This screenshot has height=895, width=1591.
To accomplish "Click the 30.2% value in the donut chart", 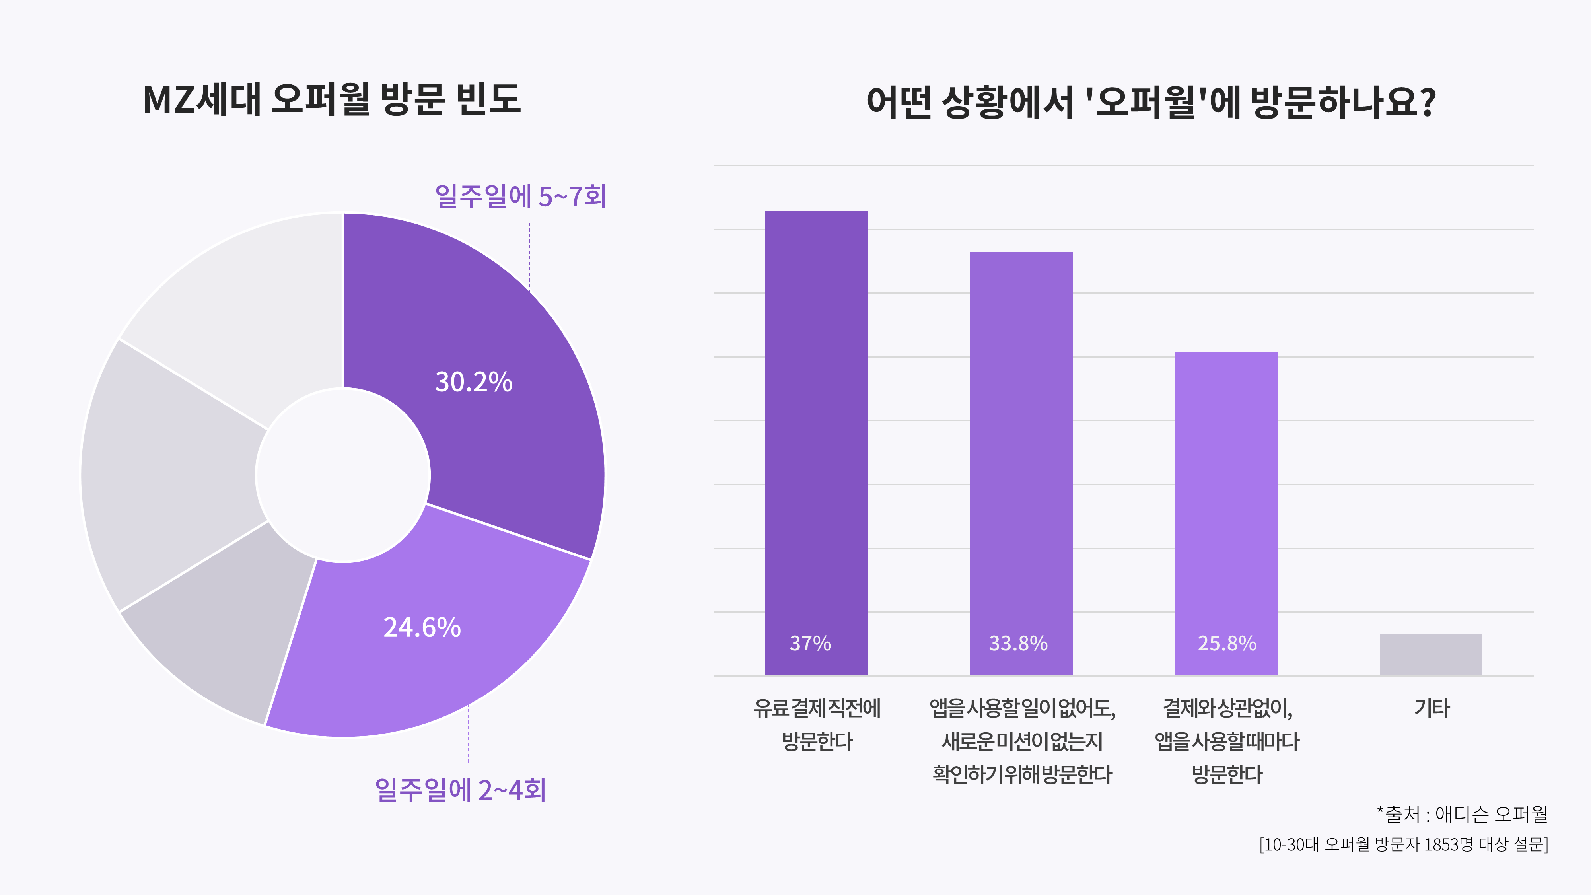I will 474,382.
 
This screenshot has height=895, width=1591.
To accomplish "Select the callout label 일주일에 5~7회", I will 520,197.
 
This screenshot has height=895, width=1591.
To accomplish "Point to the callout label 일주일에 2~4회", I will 460,790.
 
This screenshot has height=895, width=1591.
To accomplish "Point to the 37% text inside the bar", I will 810,643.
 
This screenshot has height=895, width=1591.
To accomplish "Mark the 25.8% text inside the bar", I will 1227,643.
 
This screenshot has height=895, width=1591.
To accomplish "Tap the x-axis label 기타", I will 1432,708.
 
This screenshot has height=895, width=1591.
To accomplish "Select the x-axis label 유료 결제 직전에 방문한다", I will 817,724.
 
